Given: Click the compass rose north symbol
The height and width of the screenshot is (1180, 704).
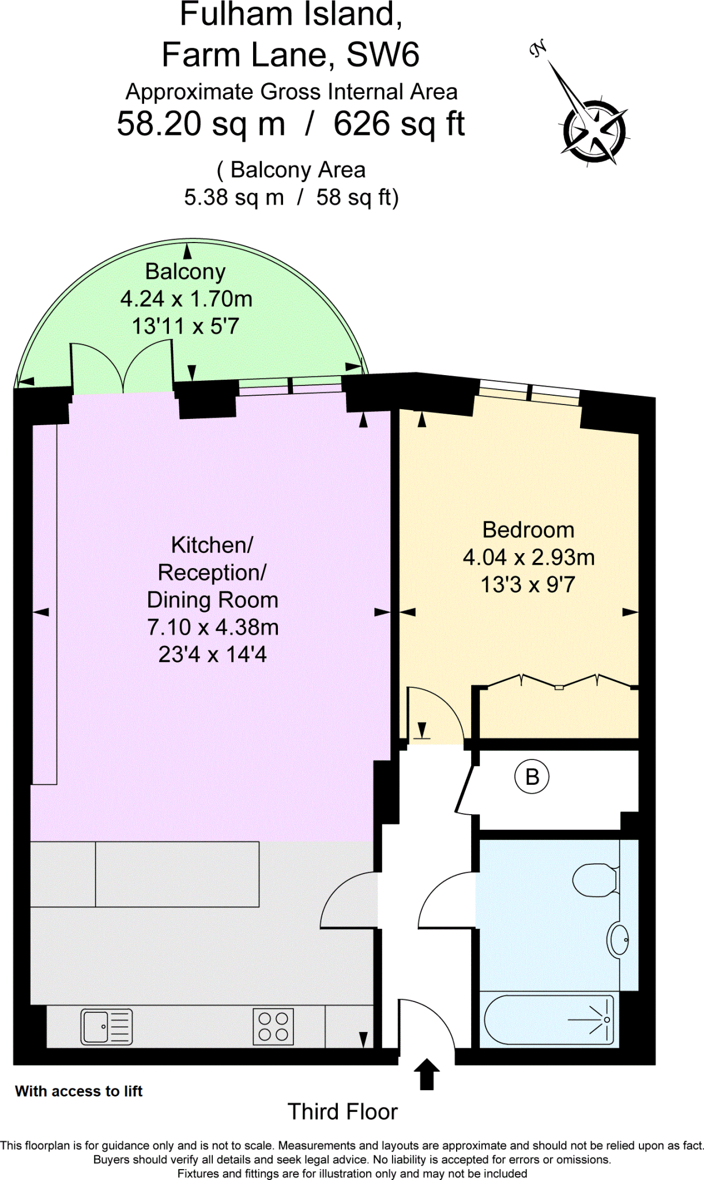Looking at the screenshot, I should [594, 131].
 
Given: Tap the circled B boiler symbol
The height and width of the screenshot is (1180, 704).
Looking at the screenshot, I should [532, 777].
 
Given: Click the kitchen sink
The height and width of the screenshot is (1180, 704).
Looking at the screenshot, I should [107, 1027].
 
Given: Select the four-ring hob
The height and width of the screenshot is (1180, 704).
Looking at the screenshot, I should [273, 1027].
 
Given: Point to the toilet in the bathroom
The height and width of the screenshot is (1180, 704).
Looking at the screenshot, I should [596, 880].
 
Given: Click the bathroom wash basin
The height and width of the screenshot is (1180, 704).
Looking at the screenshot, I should [619, 940].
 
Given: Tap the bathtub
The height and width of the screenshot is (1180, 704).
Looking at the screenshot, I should [548, 1020].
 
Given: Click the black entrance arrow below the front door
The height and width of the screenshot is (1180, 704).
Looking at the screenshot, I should [427, 1074].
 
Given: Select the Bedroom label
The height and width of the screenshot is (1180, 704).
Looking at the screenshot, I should [528, 530].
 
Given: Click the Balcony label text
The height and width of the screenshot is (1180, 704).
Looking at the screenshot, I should [185, 271].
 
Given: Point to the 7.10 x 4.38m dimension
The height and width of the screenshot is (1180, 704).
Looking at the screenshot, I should [213, 627].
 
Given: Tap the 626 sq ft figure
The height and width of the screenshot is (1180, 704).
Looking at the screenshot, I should [399, 124].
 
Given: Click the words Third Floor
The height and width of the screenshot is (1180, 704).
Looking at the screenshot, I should [342, 1111].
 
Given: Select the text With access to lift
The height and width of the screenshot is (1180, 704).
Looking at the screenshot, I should [79, 1091].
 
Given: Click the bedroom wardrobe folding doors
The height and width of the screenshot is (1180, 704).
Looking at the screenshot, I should [559, 681].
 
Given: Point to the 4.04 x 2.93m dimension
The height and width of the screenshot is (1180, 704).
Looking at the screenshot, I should [529, 557].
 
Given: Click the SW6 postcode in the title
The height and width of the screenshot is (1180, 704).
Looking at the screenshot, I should [382, 55].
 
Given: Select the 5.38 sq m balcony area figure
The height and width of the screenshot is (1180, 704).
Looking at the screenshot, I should [234, 198].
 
